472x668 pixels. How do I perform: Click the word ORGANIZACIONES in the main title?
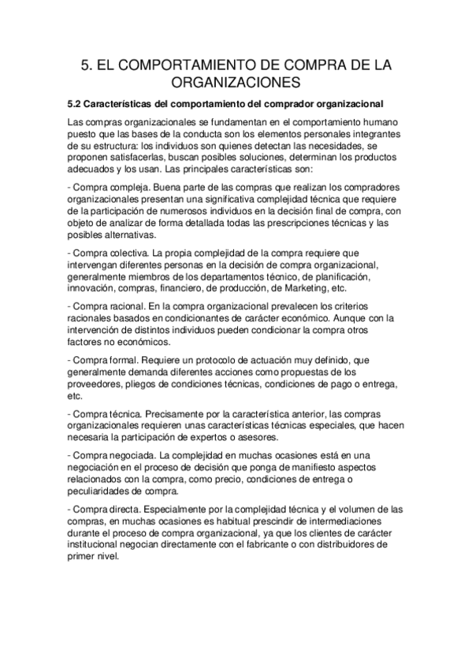236,82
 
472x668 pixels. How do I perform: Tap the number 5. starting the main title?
89,62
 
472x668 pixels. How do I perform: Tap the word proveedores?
98,385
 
